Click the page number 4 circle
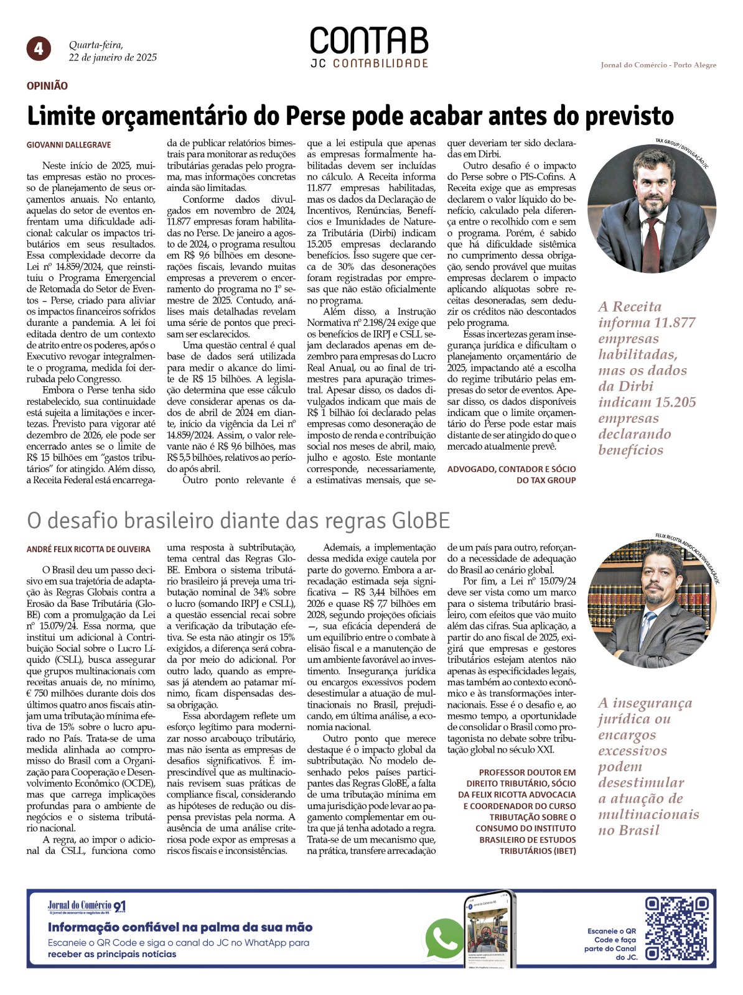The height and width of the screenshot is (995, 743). tap(39, 49)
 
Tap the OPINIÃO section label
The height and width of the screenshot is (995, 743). tap(47, 86)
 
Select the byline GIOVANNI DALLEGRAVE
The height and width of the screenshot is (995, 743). tap(69, 145)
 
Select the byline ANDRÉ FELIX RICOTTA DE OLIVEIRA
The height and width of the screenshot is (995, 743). tap(88, 550)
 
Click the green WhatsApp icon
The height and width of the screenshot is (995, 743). tap(444, 938)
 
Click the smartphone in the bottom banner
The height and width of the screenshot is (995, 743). tap(490, 930)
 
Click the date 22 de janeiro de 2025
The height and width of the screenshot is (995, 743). tap(113, 58)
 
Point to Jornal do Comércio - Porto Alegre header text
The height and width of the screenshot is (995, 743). tap(658, 65)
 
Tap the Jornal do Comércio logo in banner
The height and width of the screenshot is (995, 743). tap(86, 907)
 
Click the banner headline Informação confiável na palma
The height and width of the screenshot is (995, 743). tap(180, 927)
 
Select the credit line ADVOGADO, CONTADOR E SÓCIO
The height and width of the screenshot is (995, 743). tap(512, 469)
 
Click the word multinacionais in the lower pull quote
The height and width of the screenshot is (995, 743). tap(648, 814)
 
